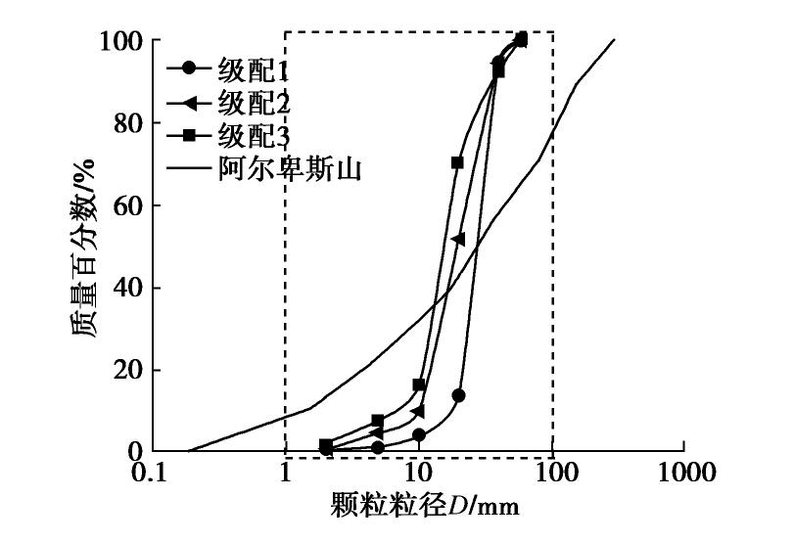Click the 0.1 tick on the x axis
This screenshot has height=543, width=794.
(x=151, y=474)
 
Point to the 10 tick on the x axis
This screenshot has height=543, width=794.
(x=419, y=474)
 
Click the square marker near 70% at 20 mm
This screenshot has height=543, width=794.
(x=457, y=163)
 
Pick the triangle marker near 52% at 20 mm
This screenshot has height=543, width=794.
(x=457, y=239)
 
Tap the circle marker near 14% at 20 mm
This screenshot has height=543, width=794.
(x=458, y=395)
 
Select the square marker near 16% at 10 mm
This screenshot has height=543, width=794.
(x=419, y=385)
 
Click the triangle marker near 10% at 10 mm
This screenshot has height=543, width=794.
(x=418, y=411)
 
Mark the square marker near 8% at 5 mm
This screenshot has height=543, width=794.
(x=378, y=421)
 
